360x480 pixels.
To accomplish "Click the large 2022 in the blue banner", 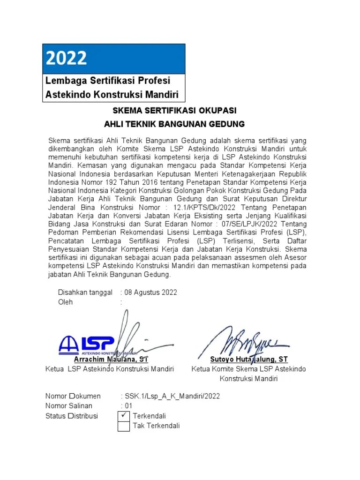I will click(x=67, y=58).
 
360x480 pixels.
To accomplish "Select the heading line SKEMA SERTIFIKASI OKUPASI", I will click(x=174, y=111).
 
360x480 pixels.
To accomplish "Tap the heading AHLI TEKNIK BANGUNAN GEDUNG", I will click(x=174, y=124).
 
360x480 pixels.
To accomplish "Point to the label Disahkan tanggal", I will click(x=85, y=292).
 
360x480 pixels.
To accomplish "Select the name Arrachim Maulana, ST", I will click(x=111, y=360).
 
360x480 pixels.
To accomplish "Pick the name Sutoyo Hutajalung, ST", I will click(x=249, y=360).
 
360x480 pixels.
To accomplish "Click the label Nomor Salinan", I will click(x=69, y=406).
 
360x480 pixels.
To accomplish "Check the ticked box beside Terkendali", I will click(x=124, y=415).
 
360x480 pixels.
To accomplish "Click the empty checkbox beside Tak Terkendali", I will click(x=124, y=426).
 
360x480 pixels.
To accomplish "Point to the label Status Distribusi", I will click(x=72, y=416).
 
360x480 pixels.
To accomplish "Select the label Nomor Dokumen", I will click(x=73, y=396).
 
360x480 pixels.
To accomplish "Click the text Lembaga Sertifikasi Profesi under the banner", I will click(x=107, y=81).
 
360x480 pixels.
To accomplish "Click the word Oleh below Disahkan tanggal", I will click(x=66, y=302).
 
